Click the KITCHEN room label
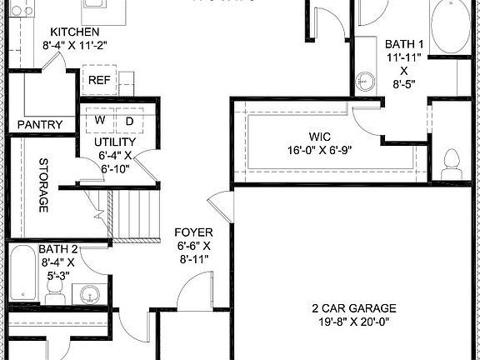pyautogui.click(x=75, y=32)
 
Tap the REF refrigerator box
pyautogui.click(x=100, y=81)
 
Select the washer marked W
pyautogui.click(x=99, y=120)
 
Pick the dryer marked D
pyautogui.click(x=129, y=120)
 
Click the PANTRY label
pyautogui.click(x=40, y=125)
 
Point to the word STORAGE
pyautogui.click(x=42, y=186)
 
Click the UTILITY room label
pyautogui.click(x=113, y=142)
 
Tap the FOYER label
pyautogui.click(x=193, y=232)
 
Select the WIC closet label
pyautogui.click(x=320, y=135)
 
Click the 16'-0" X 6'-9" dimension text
pyautogui.click(x=320, y=151)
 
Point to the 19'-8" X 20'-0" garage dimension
pyautogui.click(x=355, y=321)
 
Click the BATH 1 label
pyautogui.click(x=403, y=42)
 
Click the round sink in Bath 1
pyautogui.click(x=364, y=81)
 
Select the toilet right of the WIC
pyautogui.click(x=452, y=162)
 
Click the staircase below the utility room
pyautogui.click(x=136, y=215)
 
